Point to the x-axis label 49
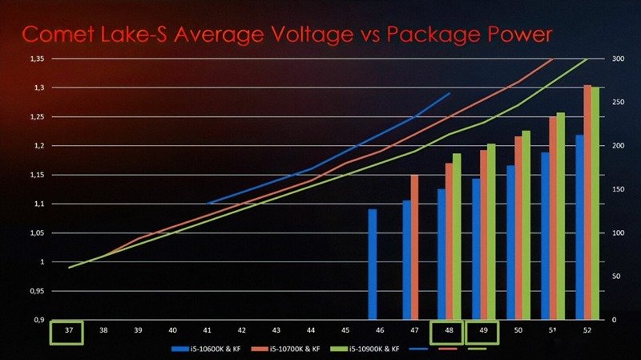[x=482, y=330]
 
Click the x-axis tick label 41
[x=207, y=330]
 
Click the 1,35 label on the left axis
[x=37, y=59]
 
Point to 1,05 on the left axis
[x=37, y=233]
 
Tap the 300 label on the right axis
[x=619, y=59]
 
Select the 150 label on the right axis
[x=619, y=190]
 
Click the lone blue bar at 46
[x=372, y=265]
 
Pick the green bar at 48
[x=457, y=237]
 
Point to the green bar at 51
[x=561, y=216]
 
